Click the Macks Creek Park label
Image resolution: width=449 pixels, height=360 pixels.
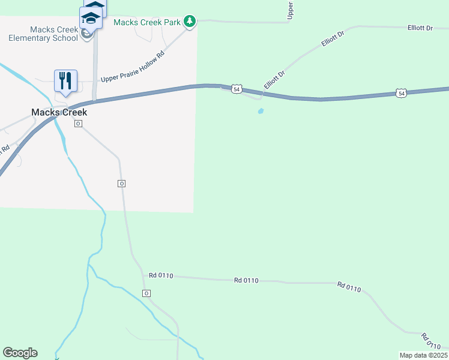click(147, 22)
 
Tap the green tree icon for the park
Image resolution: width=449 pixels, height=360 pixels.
click(190, 22)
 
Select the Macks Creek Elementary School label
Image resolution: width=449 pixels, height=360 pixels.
click(43, 34)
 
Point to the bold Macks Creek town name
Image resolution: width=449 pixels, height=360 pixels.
click(59, 112)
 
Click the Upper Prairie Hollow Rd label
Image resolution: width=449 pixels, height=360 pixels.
click(133, 69)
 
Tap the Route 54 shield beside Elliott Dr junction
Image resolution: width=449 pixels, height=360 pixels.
click(237, 89)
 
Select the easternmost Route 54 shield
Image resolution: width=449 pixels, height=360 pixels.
click(401, 93)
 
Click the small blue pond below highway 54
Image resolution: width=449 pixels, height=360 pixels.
click(261, 111)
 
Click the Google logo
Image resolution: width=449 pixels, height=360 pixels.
click(20, 353)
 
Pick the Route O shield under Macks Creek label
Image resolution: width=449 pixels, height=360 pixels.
click(78, 124)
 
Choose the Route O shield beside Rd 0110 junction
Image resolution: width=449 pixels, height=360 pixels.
click(146, 293)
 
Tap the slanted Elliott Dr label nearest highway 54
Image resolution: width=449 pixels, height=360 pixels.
click(274, 79)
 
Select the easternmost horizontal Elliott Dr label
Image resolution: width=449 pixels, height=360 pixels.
click(420, 28)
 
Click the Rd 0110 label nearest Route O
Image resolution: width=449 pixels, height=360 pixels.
click(161, 276)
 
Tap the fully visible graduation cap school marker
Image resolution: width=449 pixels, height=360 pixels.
click(91, 19)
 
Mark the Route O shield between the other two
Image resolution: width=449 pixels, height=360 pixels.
click(121, 183)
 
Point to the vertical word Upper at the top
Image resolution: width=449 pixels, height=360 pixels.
click(291, 10)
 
